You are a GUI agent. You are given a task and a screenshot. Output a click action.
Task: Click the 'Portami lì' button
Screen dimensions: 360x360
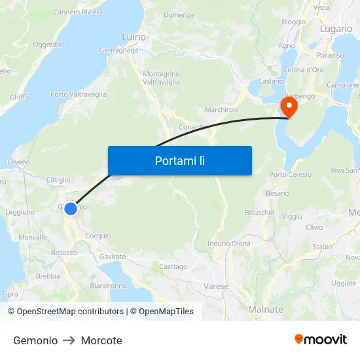[179, 160]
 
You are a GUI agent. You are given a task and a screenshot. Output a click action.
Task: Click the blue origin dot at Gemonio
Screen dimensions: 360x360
[71, 209]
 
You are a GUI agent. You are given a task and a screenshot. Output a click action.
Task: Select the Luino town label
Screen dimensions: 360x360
[134, 37]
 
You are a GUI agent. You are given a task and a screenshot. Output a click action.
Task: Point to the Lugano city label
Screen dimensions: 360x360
[336, 29]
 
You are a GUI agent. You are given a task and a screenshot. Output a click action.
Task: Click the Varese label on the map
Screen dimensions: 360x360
[216, 287]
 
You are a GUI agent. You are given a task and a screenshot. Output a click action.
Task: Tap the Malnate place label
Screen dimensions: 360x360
[266, 310]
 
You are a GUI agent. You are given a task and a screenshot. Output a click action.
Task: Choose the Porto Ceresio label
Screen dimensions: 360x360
[291, 174]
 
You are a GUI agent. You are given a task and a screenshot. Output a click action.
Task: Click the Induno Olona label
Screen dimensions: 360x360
[228, 243]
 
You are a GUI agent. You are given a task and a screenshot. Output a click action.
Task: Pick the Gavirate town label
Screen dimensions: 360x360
[113, 257]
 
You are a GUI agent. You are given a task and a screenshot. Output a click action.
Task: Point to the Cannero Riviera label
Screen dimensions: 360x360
[78, 12]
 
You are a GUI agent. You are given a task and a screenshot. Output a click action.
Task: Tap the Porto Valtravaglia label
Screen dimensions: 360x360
[78, 94]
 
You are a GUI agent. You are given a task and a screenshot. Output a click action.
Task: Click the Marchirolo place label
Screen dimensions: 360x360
[222, 109]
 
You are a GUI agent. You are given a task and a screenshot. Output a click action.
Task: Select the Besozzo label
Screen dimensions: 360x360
[64, 252]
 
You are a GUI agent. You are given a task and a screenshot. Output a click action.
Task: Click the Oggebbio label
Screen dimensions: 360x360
[48, 45]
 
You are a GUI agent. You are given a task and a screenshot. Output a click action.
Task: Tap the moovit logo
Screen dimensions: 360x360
[321, 340]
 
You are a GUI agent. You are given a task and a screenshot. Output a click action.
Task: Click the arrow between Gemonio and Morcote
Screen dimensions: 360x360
[69, 340]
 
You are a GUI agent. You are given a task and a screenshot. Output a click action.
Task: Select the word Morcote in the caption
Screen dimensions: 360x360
[101, 340]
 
